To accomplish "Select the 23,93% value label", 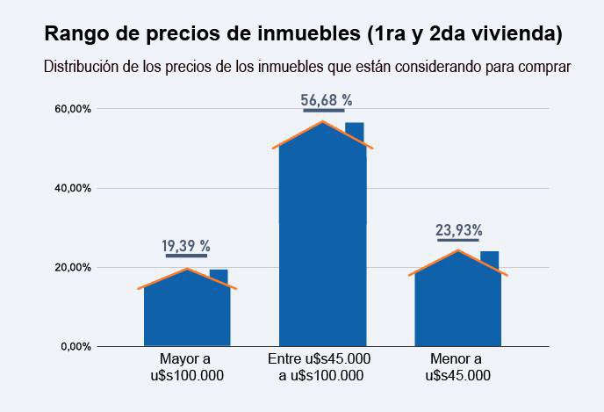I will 458,231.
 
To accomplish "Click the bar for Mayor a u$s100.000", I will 186,312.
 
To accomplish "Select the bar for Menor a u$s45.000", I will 458,303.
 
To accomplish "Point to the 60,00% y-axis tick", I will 74,109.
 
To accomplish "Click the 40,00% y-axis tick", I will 74,188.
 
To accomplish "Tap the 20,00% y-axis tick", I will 74,267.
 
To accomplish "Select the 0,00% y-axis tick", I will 76,346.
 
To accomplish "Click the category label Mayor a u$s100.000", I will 185,367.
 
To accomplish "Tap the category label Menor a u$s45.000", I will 457,367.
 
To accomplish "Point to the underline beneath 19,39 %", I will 186,256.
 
